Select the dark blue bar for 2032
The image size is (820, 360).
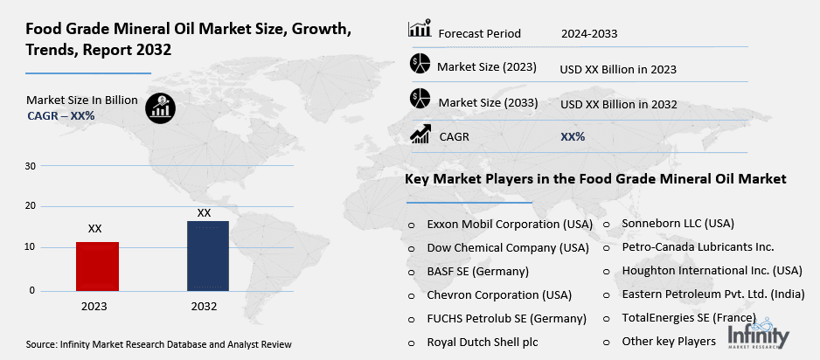[207, 256]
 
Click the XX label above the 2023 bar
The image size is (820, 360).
[94, 228]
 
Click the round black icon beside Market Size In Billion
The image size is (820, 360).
[160, 106]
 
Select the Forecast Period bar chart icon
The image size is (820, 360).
[420, 31]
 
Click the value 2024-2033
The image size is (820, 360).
[589, 34]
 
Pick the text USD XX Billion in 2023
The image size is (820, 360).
[618, 68]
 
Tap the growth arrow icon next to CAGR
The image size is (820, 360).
[420, 135]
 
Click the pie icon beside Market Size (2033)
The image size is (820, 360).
[420, 99]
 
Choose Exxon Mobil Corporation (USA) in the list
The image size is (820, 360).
[510, 224]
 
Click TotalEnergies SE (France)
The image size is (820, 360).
[689, 317]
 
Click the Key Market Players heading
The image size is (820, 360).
[595, 179]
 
